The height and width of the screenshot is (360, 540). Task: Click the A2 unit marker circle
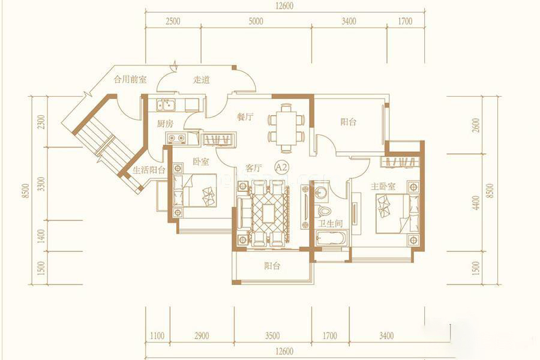coord(281,168)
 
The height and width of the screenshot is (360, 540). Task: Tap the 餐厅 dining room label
coord(245,117)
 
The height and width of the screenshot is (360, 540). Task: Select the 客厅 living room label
coord(253,168)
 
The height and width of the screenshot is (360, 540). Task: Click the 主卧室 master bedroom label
coord(383,187)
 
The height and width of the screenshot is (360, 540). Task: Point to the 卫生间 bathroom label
coord(330,224)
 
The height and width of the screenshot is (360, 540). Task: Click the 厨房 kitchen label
coord(165,124)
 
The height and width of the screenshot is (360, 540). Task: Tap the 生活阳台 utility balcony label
coord(149,170)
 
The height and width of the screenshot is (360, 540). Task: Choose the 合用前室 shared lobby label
coord(130,80)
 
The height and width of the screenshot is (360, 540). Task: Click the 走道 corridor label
coord(202,80)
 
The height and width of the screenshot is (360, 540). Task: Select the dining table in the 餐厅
coord(287,128)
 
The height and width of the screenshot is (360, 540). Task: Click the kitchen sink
coord(166,105)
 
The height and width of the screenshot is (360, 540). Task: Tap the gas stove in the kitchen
coord(176,139)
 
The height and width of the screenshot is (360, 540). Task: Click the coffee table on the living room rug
coord(269,214)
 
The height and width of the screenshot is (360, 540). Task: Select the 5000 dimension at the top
coord(256,22)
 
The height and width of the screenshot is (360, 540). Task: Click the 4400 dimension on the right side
coord(476,203)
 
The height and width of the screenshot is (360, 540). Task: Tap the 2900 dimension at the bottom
coord(202,335)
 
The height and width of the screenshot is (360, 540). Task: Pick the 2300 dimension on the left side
coord(41,122)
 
